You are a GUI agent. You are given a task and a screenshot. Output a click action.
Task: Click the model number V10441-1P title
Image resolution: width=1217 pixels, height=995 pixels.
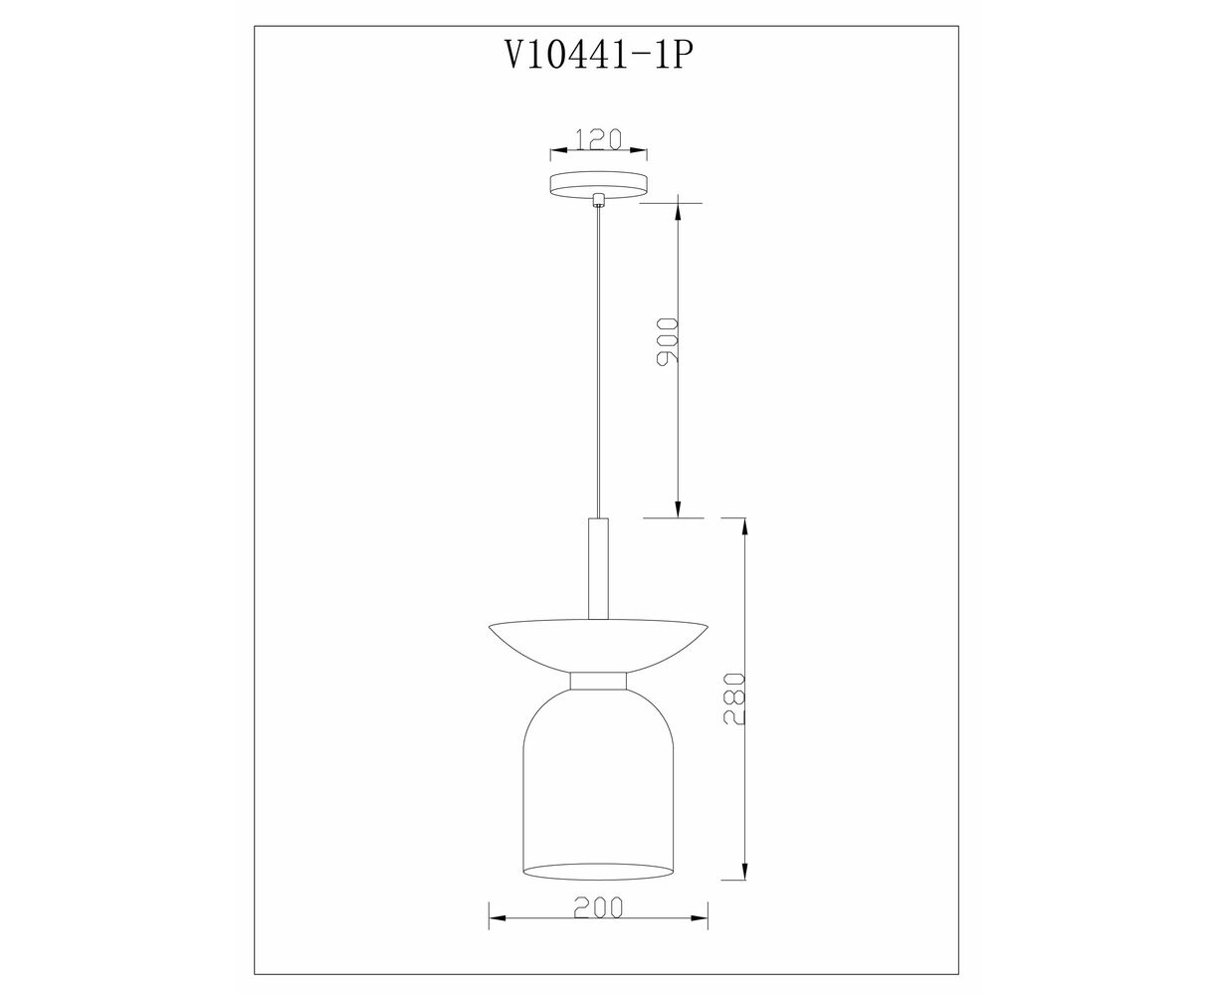(598, 57)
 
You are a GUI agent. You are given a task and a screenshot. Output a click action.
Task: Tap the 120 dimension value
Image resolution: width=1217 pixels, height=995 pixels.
(598, 139)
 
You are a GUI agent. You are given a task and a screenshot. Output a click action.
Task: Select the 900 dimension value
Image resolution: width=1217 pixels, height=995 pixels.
(668, 341)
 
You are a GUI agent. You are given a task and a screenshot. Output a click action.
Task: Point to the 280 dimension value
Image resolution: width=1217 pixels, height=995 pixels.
(735, 698)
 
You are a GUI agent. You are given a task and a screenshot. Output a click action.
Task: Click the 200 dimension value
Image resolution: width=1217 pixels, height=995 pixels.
(598, 906)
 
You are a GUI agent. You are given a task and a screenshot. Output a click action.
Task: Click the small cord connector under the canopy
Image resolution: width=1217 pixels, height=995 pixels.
(599, 199)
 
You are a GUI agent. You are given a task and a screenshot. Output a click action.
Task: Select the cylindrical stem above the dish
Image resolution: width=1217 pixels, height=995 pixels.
(598, 568)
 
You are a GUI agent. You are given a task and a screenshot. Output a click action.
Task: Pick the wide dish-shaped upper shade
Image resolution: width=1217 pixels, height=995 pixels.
(598, 646)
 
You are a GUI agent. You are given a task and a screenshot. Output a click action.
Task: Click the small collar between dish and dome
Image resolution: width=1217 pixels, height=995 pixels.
(598, 681)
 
